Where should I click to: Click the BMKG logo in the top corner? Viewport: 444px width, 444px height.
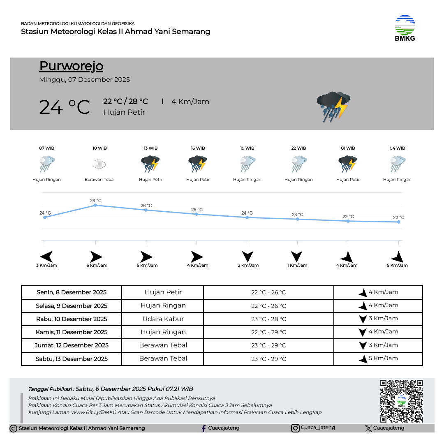[x=405, y=28]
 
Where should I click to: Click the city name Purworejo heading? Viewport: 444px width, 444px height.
[x=71, y=66]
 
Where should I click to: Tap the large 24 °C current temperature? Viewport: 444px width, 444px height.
[x=65, y=107]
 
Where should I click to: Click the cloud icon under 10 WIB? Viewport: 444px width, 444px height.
[x=99, y=164]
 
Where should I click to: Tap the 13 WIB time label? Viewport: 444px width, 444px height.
[x=150, y=148]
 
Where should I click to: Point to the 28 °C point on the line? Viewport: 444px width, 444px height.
[x=95, y=205]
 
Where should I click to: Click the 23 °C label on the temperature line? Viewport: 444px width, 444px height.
[x=297, y=215]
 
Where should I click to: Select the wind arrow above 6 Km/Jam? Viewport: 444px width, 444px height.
[x=96, y=257]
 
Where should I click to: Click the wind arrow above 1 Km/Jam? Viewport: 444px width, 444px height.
[x=296, y=257]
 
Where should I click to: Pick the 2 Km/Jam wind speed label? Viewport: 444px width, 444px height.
[x=248, y=265]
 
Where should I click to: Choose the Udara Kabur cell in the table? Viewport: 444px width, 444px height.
[x=163, y=319]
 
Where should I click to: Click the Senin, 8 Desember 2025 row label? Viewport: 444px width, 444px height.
[x=72, y=292]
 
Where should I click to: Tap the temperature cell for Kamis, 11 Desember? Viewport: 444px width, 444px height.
[x=268, y=332]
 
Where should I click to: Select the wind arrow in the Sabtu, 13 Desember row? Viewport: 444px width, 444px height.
[x=363, y=358]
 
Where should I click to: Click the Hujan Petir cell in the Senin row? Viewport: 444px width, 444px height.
[x=163, y=292]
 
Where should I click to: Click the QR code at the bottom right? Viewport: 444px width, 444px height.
[x=401, y=401]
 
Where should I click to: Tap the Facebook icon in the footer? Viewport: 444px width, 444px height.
[x=203, y=428]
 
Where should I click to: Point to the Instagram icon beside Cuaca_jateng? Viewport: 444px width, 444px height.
[x=295, y=428]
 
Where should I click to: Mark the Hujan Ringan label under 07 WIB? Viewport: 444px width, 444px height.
[x=46, y=180]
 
